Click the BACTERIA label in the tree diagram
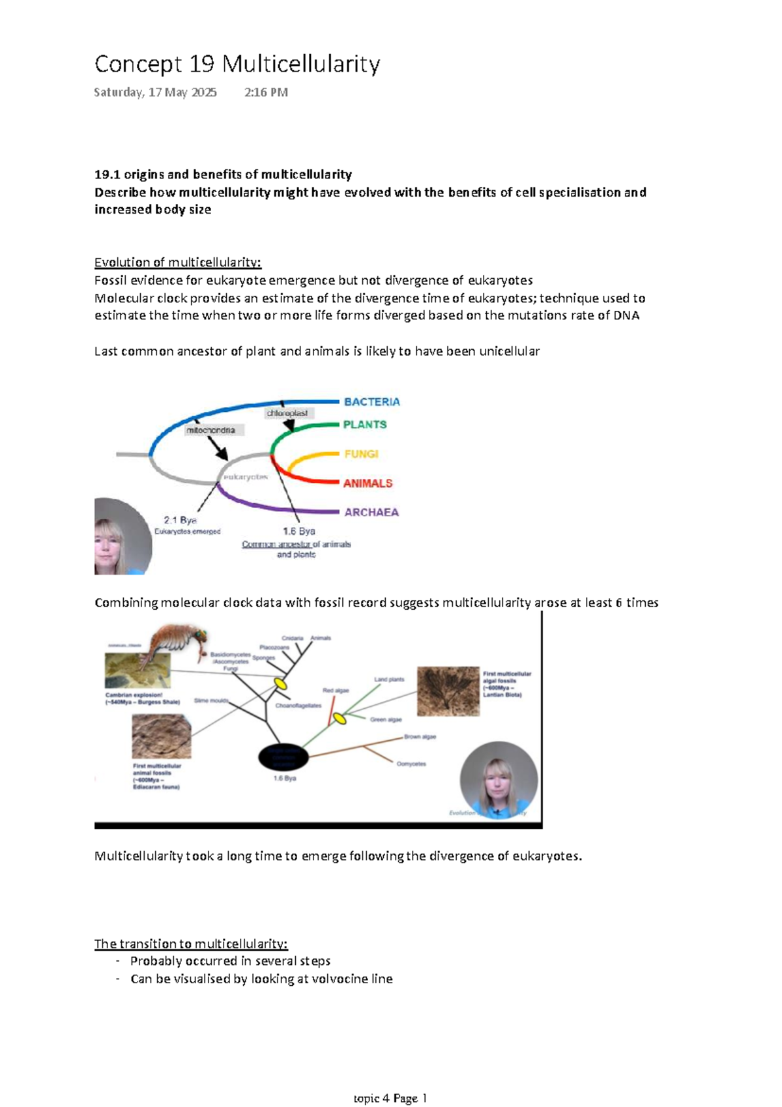(x=371, y=402)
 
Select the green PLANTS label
(x=365, y=425)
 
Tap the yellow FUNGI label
(x=361, y=454)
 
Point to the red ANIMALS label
(x=368, y=483)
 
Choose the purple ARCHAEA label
(x=371, y=513)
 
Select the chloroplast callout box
(x=287, y=413)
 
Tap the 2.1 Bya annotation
(x=181, y=520)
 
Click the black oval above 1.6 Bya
(x=283, y=756)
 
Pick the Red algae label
(x=336, y=691)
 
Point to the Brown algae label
(x=420, y=737)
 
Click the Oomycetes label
(x=411, y=764)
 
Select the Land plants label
(x=389, y=680)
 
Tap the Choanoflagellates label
(x=298, y=706)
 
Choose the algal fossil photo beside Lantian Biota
(x=448, y=691)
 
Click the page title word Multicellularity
(x=301, y=64)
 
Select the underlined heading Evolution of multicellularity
(x=177, y=263)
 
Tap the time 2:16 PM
(x=266, y=93)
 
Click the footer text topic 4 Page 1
(x=390, y=1098)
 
